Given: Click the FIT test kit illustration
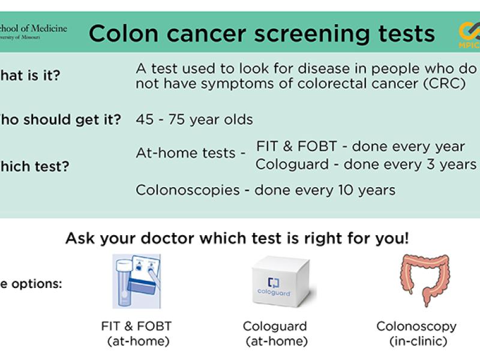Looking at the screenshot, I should click(x=136, y=280).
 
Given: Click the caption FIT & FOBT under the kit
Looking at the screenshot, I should click(x=136, y=326).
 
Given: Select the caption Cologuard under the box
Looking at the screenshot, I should click(x=275, y=326).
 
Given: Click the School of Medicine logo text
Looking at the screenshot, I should click(x=34, y=28).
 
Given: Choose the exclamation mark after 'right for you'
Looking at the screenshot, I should click(x=406, y=238).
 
